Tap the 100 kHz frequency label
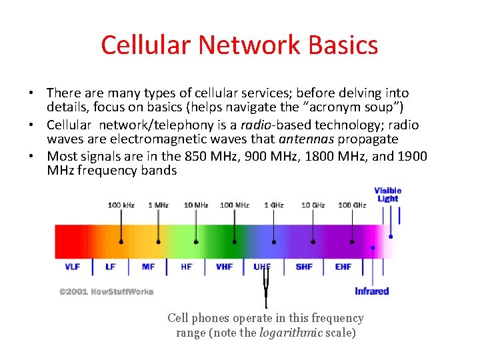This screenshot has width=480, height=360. [x=121, y=205]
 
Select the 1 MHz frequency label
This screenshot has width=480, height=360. [x=158, y=205]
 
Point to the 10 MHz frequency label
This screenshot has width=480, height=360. [x=195, y=205]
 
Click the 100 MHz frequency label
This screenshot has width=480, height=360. [x=234, y=205]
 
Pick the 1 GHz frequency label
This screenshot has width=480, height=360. [x=273, y=205]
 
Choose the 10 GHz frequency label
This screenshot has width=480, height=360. [x=313, y=205]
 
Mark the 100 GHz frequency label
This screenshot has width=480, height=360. [x=352, y=205]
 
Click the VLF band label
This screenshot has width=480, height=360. [x=72, y=267]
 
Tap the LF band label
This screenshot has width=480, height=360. [x=110, y=267]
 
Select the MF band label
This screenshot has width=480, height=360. [x=148, y=267]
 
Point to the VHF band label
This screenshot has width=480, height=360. [x=224, y=267]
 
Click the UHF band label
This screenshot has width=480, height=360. [x=262, y=267]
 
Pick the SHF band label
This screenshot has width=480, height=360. [x=304, y=267]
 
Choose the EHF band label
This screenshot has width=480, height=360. [x=343, y=267]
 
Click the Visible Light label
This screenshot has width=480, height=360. [x=387, y=194]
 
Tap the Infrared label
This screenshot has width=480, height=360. [x=371, y=291]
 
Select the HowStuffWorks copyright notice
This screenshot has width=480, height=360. [x=106, y=291]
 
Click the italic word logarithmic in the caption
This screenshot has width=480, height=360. [x=287, y=333]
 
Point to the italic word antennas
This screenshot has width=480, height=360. [x=307, y=139]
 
